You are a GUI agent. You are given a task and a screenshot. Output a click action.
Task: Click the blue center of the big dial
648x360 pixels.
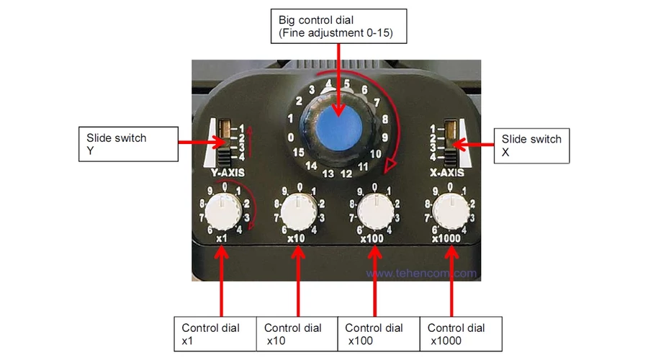click(339, 127)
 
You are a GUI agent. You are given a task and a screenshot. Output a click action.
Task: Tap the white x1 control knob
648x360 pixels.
click(223, 212)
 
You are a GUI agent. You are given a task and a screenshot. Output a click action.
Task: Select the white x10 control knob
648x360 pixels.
click(298, 212)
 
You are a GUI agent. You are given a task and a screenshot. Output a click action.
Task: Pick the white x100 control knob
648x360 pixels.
click(375, 212)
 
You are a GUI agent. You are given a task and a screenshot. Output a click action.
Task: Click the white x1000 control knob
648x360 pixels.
click(451, 212)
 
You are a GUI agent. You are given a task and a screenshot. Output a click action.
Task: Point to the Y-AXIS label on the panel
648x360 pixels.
click(228, 173)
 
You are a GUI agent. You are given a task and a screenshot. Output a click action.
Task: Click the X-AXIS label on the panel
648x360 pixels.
click(446, 173)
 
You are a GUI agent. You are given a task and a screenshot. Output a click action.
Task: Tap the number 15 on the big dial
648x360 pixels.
click(298, 153)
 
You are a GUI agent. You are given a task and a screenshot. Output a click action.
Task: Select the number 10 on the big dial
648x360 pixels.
click(375, 154)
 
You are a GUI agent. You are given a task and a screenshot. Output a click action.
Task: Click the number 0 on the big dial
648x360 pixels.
click(291, 138)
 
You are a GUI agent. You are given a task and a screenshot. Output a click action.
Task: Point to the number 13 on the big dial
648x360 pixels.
click(328, 174)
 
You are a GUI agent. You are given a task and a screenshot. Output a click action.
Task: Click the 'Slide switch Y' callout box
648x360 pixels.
click(129, 144)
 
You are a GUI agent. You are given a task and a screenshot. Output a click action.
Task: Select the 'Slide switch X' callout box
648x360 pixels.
click(531, 145)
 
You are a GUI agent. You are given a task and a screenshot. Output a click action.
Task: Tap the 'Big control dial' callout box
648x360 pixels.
click(339, 26)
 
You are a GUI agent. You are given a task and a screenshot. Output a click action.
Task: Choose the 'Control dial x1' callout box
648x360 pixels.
click(215, 334)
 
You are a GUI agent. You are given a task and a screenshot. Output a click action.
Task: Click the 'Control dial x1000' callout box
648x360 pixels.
click(462, 334)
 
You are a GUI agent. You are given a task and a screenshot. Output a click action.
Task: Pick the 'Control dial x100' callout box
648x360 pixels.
click(379, 334)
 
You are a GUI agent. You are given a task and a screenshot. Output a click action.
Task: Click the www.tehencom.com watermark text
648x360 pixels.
click(421, 273)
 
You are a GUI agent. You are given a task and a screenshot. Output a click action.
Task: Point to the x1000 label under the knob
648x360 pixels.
click(446, 239)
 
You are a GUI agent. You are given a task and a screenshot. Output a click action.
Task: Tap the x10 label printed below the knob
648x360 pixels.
click(296, 238)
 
